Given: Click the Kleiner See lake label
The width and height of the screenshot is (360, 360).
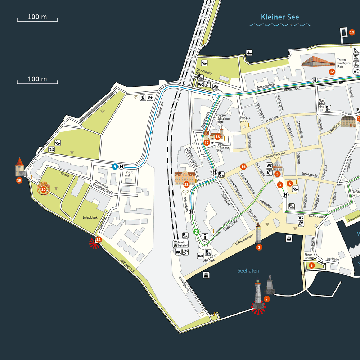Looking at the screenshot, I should coord(280,17).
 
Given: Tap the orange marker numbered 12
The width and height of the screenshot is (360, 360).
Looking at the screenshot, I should coord(332,72).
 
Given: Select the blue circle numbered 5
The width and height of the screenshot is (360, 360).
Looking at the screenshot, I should coord(115,166).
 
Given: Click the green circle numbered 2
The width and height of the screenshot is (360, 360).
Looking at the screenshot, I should coord(196,232).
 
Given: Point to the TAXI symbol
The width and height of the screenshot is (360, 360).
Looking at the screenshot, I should coord(201,256).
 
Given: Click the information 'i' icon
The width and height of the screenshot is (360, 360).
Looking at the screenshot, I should coord(206,237).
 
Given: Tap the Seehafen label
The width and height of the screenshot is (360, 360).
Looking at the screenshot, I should coord(248,271).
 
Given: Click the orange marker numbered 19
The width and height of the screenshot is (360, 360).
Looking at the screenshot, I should coord(19,180).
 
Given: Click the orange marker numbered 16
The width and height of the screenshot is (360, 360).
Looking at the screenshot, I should coord(243,167).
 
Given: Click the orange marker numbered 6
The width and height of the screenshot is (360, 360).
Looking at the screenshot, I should coord(312,265).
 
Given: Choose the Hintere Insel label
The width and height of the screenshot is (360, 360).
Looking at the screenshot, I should coord(129,174).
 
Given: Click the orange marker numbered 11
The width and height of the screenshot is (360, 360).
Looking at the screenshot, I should coord(352,33).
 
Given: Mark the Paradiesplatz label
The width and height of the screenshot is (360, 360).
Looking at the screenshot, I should coord(246,119).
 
